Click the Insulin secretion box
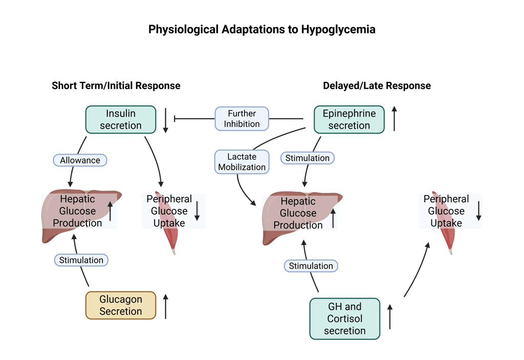121,119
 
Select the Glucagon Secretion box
121,305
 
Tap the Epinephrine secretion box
349,119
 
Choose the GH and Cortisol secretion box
345,319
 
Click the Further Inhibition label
242,119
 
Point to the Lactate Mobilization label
242,162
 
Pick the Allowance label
80,160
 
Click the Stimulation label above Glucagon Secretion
81,260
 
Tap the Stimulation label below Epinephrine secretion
308,158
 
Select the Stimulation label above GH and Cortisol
311,266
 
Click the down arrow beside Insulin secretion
165,120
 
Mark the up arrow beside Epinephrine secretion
394,119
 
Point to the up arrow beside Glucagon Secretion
165,306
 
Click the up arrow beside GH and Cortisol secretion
390,316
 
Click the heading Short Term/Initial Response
116,86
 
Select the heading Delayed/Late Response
377,86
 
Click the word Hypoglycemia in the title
338,29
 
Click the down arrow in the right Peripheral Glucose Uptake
479,211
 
